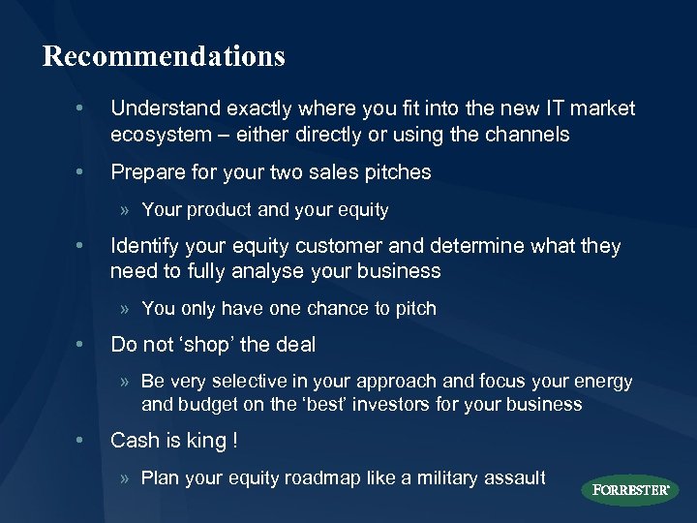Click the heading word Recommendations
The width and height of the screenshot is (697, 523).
[164, 56]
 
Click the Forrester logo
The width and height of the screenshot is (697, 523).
[630, 489]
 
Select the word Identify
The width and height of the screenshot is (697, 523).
[146, 246]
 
